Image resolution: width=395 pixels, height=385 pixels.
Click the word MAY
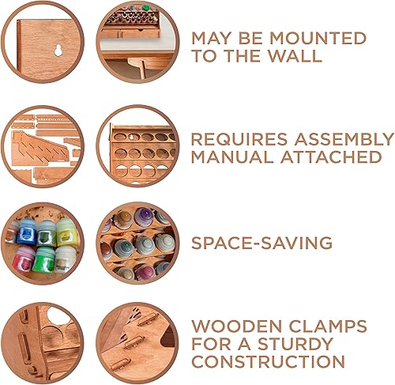pyautogui.click(x=213, y=38)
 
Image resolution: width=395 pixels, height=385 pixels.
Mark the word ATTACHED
pyautogui.click(x=329, y=157)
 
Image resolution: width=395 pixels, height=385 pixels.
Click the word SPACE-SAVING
pyautogui.click(x=261, y=243)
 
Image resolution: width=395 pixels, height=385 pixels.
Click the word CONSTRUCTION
pyautogui.click(x=268, y=363)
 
